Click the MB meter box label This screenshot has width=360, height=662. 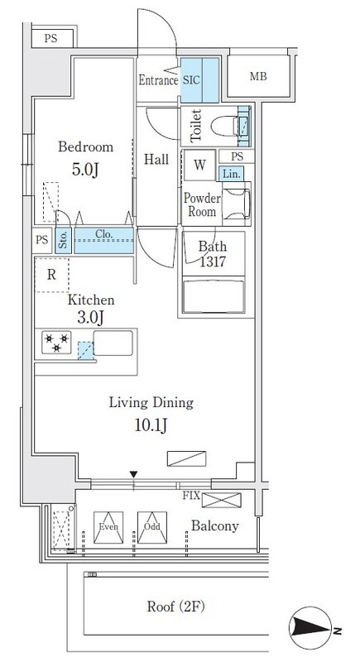[x=258, y=76]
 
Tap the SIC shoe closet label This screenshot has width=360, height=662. [x=191, y=80]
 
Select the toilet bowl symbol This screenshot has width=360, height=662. [x=224, y=126]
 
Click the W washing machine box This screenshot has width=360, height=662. [x=199, y=165]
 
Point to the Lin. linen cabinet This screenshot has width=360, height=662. [x=231, y=174]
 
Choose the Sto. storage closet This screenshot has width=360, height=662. [x=63, y=241]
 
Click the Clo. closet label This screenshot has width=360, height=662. [x=103, y=233]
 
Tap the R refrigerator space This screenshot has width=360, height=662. [x=51, y=275]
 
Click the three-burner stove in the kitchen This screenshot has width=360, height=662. [x=56, y=343]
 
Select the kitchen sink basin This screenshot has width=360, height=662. [x=113, y=343]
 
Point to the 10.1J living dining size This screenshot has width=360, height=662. [x=151, y=425]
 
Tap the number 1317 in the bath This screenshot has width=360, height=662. [x=213, y=262]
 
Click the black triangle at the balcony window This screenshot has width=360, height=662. [x=134, y=475]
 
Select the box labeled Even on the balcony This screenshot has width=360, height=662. [x=108, y=527]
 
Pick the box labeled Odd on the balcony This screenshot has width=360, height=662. [x=152, y=527]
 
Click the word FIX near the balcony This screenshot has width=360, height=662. [x=191, y=496]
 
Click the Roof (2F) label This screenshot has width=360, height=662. [x=175, y=607]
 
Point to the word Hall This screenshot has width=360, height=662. [x=156, y=160]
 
